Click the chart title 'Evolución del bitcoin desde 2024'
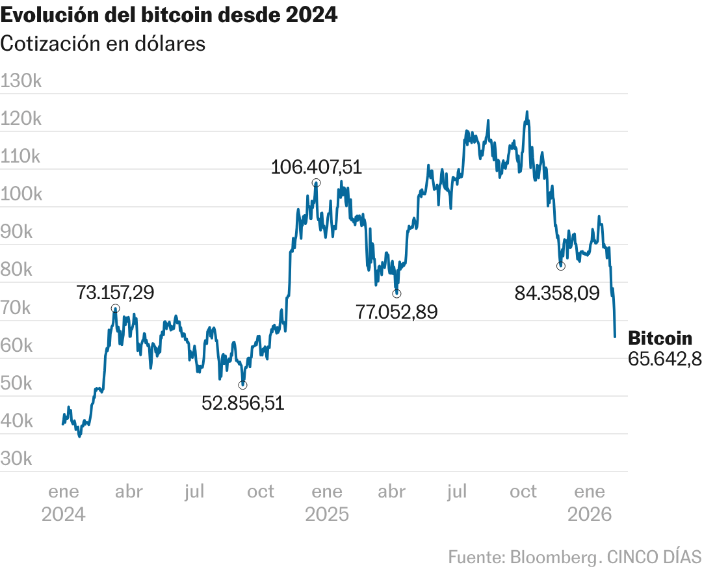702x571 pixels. [169, 15]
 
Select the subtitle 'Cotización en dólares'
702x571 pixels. [103, 44]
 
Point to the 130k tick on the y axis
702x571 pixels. [22, 81]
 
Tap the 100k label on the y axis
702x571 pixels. [22, 194]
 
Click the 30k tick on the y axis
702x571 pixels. [17, 459]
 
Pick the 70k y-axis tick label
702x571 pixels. [17, 308]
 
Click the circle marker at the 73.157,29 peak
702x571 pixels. [115, 308]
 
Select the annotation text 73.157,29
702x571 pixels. [115, 293]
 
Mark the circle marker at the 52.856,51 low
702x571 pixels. [242, 385]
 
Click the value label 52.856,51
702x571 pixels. [242, 403]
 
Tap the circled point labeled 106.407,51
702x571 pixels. [316, 183]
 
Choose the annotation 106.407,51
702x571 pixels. [316, 167]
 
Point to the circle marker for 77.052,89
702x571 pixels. [396, 293]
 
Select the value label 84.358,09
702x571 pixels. [556, 293]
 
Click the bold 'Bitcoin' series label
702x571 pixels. [660, 338]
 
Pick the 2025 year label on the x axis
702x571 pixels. [327, 514]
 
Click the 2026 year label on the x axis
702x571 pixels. [590, 514]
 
